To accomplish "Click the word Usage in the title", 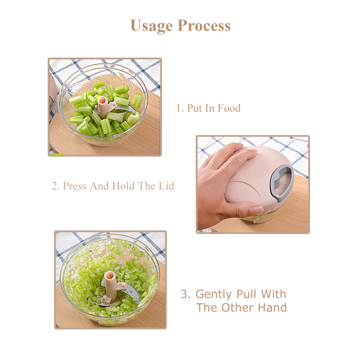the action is (151, 26).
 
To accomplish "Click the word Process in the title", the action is (204, 25).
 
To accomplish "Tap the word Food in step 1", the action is (229, 108).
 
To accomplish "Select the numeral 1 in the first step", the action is (178, 108).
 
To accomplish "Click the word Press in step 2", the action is (75, 186).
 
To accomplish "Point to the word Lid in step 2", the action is (166, 186).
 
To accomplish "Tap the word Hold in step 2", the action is (123, 186).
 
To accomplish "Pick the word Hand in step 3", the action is (272, 307).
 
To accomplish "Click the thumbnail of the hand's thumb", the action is (257, 210).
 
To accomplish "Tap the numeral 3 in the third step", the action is (184, 294).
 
